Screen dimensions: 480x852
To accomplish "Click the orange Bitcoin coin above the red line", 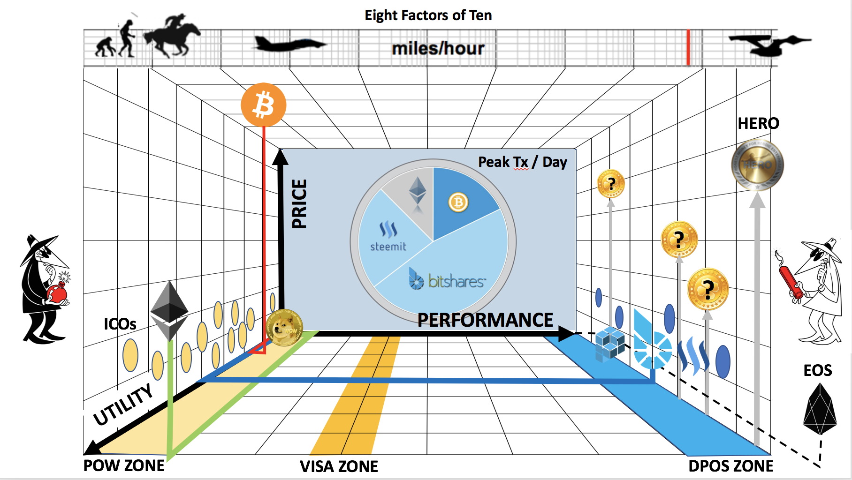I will point(263,105).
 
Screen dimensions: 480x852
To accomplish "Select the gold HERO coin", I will point(757,165).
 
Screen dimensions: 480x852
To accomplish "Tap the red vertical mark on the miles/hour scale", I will point(688,47).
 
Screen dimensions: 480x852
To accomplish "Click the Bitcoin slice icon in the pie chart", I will point(458,202).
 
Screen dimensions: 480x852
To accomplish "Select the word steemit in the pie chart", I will point(388,247).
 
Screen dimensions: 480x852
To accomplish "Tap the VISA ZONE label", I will point(339,466).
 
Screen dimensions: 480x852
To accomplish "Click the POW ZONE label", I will point(124,465).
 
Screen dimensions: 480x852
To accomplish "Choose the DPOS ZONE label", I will point(730,466).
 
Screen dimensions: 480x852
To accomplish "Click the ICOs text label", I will point(120,324).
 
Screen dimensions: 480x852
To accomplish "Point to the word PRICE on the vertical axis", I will point(299,203).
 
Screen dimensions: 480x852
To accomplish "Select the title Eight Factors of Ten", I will point(428,15).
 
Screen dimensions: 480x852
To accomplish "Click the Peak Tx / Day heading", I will point(522,162).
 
